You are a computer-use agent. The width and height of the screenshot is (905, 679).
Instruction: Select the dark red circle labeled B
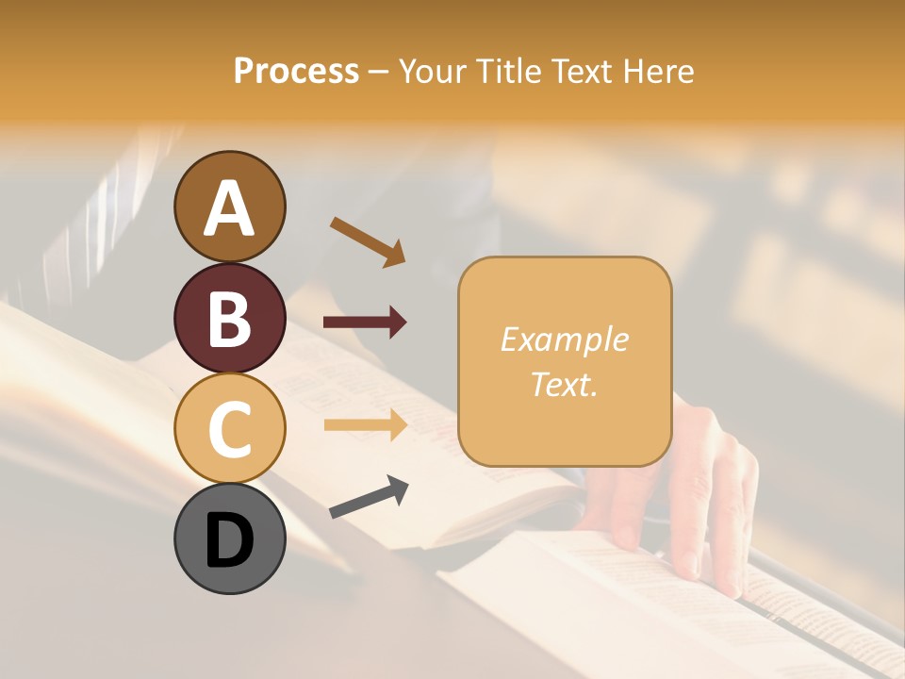[x=229, y=318]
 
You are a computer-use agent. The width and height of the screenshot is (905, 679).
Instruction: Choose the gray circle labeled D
[x=229, y=538]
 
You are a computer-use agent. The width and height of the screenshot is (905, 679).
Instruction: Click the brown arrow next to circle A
[x=368, y=240]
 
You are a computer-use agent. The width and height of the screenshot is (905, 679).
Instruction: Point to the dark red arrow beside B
[x=365, y=323]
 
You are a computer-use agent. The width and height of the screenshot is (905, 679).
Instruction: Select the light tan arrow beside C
[x=365, y=425]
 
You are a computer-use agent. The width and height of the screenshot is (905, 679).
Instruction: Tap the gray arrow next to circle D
[x=369, y=497]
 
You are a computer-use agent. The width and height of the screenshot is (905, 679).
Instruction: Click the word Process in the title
[x=296, y=72]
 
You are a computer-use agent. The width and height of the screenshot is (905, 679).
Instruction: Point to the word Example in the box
[x=564, y=339]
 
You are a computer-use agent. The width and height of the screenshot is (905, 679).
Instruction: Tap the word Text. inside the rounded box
[x=564, y=384]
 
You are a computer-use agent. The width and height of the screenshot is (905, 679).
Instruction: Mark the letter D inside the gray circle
[x=229, y=542]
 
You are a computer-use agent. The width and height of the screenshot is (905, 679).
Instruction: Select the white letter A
[x=229, y=207]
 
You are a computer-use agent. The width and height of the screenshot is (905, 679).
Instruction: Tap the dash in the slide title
[x=378, y=72]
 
